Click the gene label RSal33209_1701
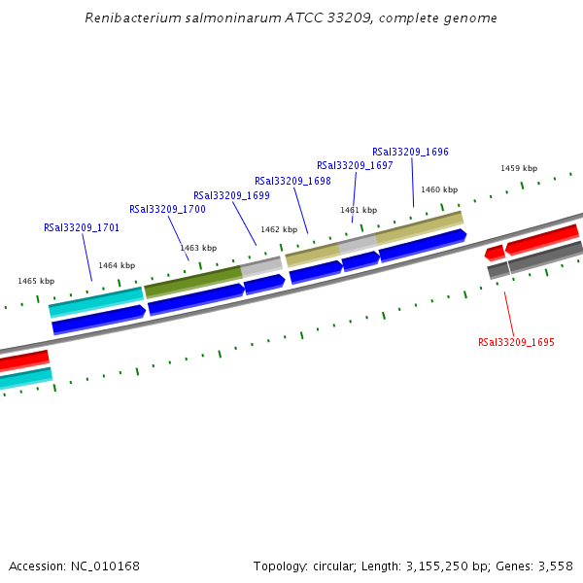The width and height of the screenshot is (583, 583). tap(82, 227)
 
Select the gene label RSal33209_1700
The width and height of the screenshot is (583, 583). tap(167, 209)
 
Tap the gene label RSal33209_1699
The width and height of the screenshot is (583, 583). tap(231, 195)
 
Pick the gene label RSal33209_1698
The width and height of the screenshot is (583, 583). tap(292, 181)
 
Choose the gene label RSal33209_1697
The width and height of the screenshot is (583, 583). tap(355, 165)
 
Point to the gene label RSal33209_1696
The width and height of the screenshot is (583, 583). tap(410, 152)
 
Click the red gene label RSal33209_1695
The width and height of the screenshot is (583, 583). tap(516, 342)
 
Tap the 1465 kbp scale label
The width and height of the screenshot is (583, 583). tap(36, 281)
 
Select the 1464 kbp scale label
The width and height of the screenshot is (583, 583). tap(117, 265)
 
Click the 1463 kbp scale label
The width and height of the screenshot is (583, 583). tap(198, 248)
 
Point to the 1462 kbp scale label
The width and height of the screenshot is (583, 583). tap(279, 229)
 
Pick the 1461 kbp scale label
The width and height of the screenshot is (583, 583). tap(358, 210)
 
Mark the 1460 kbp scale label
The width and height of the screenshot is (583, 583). tap(438, 189)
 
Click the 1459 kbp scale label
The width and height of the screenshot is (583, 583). tap(519, 168)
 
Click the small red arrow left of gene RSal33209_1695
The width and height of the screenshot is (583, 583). tap(495, 253)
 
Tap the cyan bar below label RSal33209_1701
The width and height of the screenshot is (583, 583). tap(95, 300)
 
